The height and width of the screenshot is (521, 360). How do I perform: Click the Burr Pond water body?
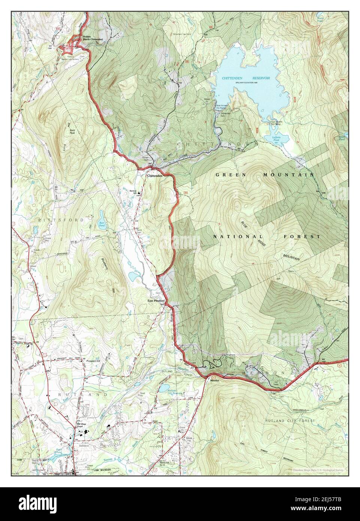tap(102, 217)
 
